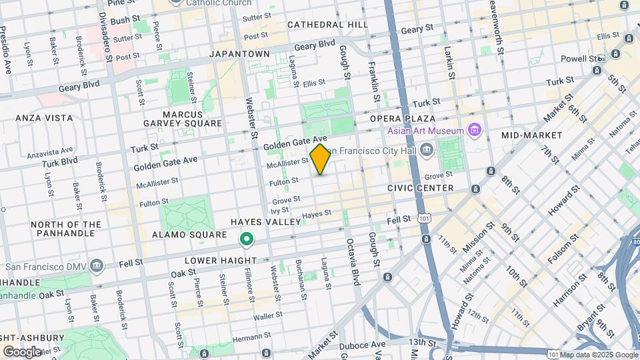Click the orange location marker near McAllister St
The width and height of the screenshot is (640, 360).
click(320, 159)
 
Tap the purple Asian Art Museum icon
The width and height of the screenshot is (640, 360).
click(474, 129)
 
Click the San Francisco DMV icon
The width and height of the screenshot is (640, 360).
click(97, 267)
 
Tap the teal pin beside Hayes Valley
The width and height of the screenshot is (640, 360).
click(246, 238)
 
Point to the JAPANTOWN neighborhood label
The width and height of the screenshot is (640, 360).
click(239, 54)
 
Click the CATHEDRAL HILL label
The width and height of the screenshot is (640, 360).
click(327, 25)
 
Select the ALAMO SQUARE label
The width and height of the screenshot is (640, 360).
click(189, 235)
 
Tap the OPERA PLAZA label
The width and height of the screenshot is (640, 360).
click(403, 119)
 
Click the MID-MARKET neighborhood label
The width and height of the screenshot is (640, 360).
click(531, 135)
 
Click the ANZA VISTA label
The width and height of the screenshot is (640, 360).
click(44, 118)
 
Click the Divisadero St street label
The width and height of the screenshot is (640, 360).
click(106, 37)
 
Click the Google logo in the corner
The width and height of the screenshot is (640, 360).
click(23, 351)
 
